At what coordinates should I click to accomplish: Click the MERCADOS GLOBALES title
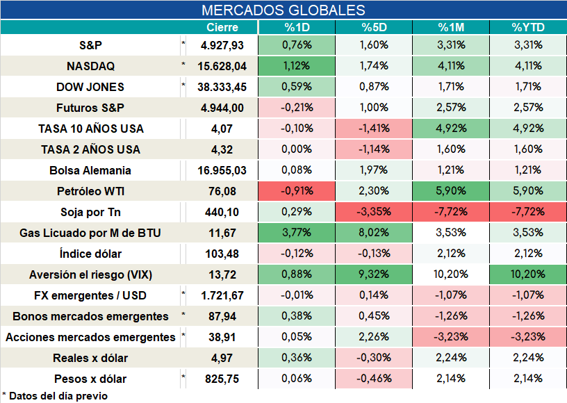click(x=283, y=10)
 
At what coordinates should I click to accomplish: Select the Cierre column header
click(x=222, y=28)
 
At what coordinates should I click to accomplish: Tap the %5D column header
click(x=374, y=28)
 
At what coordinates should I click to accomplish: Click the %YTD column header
click(x=528, y=28)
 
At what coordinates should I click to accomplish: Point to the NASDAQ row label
click(x=90, y=66)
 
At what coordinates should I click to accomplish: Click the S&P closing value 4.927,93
click(x=222, y=45)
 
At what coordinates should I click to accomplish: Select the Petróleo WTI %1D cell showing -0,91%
click(x=297, y=191)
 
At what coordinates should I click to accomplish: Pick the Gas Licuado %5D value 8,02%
click(x=374, y=232)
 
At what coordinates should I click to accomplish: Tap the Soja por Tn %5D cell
click(x=374, y=212)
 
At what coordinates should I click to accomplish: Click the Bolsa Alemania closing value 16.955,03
click(x=222, y=170)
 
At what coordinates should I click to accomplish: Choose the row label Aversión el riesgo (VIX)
click(x=90, y=274)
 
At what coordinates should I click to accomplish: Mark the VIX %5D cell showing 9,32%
click(x=374, y=274)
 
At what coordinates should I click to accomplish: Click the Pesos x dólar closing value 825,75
click(x=222, y=379)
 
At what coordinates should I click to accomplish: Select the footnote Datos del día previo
click(x=58, y=396)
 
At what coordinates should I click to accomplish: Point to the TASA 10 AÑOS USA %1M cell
click(x=451, y=129)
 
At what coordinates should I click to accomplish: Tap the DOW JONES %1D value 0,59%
click(x=297, y=87)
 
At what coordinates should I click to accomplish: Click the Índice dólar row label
click(x=90, y=254)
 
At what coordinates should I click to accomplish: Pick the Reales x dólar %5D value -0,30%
click(x=374, y=358)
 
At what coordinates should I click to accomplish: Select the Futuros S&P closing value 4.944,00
click(x=222, y=108)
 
